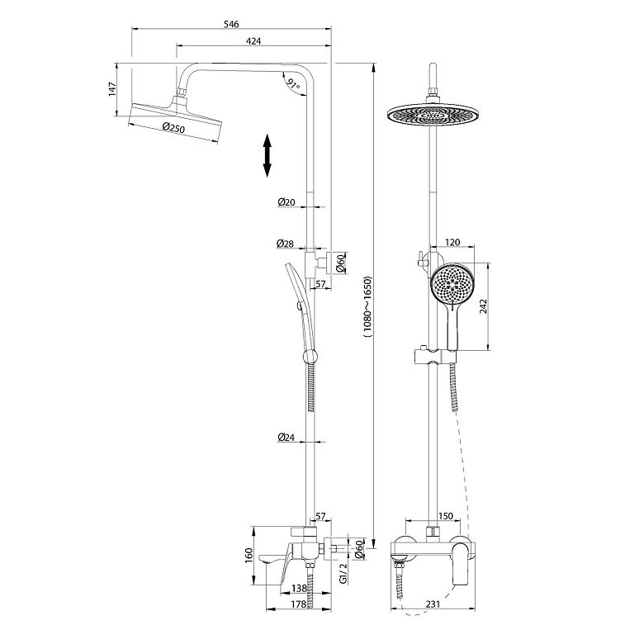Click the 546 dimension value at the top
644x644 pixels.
click(231, 24)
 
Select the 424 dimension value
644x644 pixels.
click(253, 41)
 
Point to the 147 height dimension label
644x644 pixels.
click(112, 89)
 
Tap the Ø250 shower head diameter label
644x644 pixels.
click(173, 128)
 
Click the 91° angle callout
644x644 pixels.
click(293, 84)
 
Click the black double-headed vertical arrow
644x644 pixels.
click(267, 155)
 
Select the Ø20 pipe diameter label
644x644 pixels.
click(286, 202)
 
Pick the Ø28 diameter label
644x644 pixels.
click(285, 244)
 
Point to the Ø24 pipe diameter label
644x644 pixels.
click(286, 437)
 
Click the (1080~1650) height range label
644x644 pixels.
click(367, 307)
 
